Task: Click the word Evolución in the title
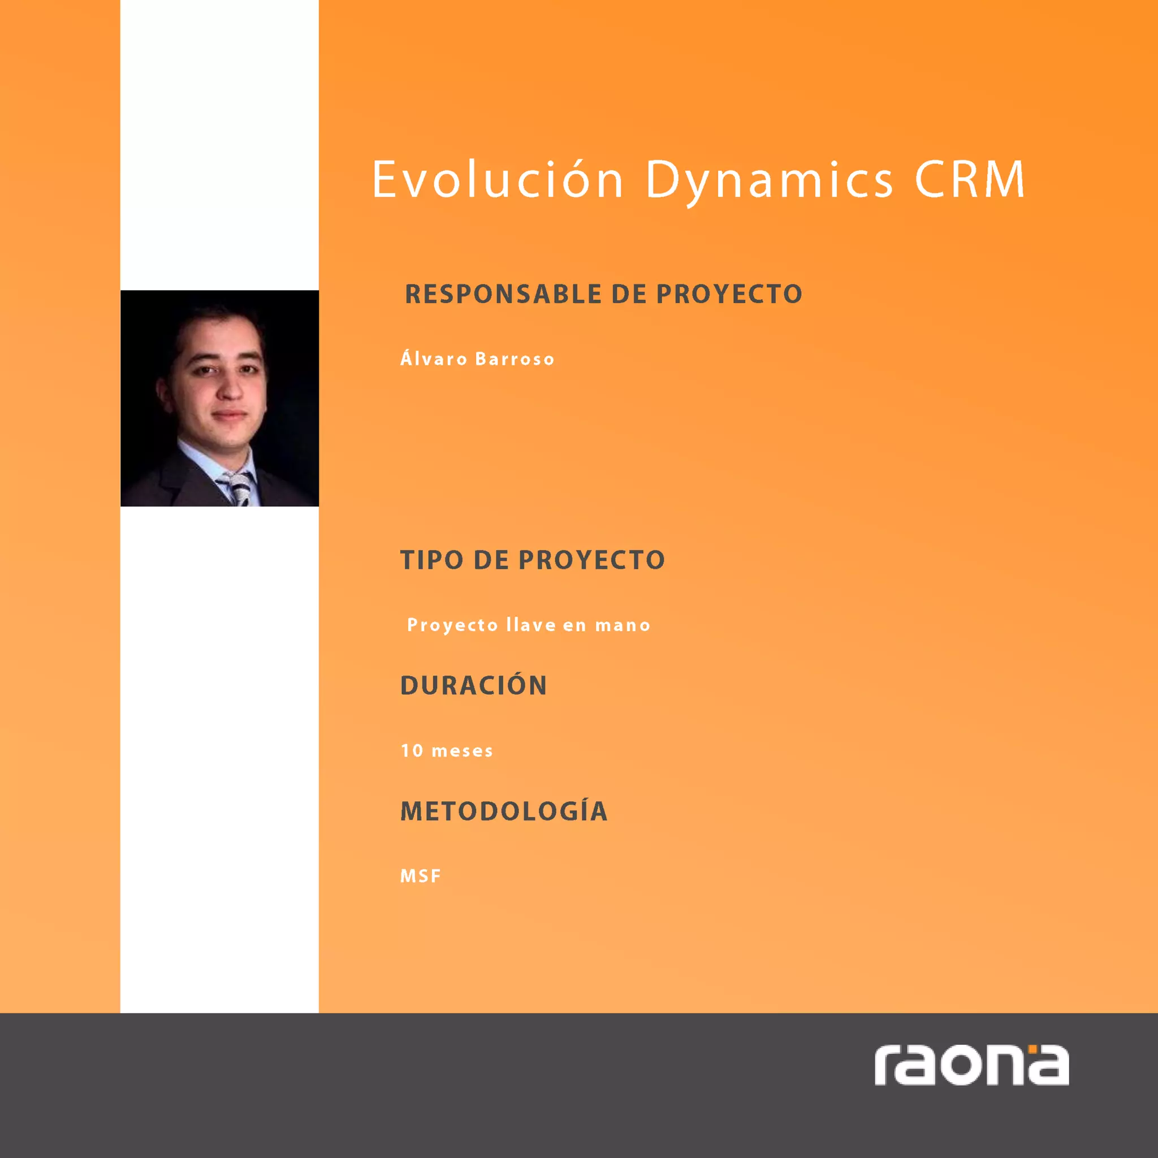[498, 179]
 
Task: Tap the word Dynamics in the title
[769, 179]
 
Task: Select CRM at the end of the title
[969, 179]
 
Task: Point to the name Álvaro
[434, 359]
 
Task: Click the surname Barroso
[515, 359]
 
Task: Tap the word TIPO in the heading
[431, 560]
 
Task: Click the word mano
[622, 625]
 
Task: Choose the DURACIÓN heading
[473, 686]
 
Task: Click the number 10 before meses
[412, 750]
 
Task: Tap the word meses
[462, 750]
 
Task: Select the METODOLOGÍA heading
[503, 811]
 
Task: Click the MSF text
[420, 876]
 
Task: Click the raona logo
[971, 1065]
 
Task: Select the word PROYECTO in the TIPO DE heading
[591, 560]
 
